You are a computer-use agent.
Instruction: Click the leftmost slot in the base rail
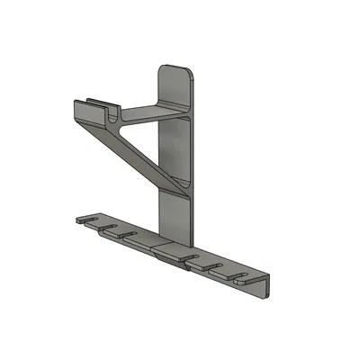[91, 219]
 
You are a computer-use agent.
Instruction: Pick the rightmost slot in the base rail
[240, 273]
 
